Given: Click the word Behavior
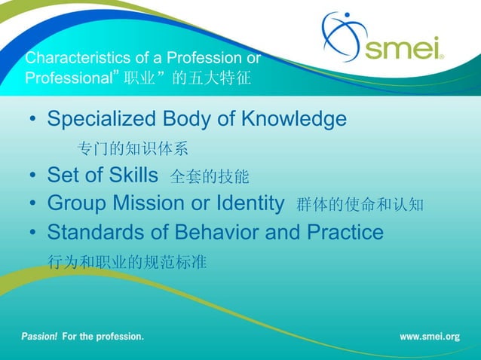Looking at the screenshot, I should click(x=216, y=233).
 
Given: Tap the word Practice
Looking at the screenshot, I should click(x=345, y=233).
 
